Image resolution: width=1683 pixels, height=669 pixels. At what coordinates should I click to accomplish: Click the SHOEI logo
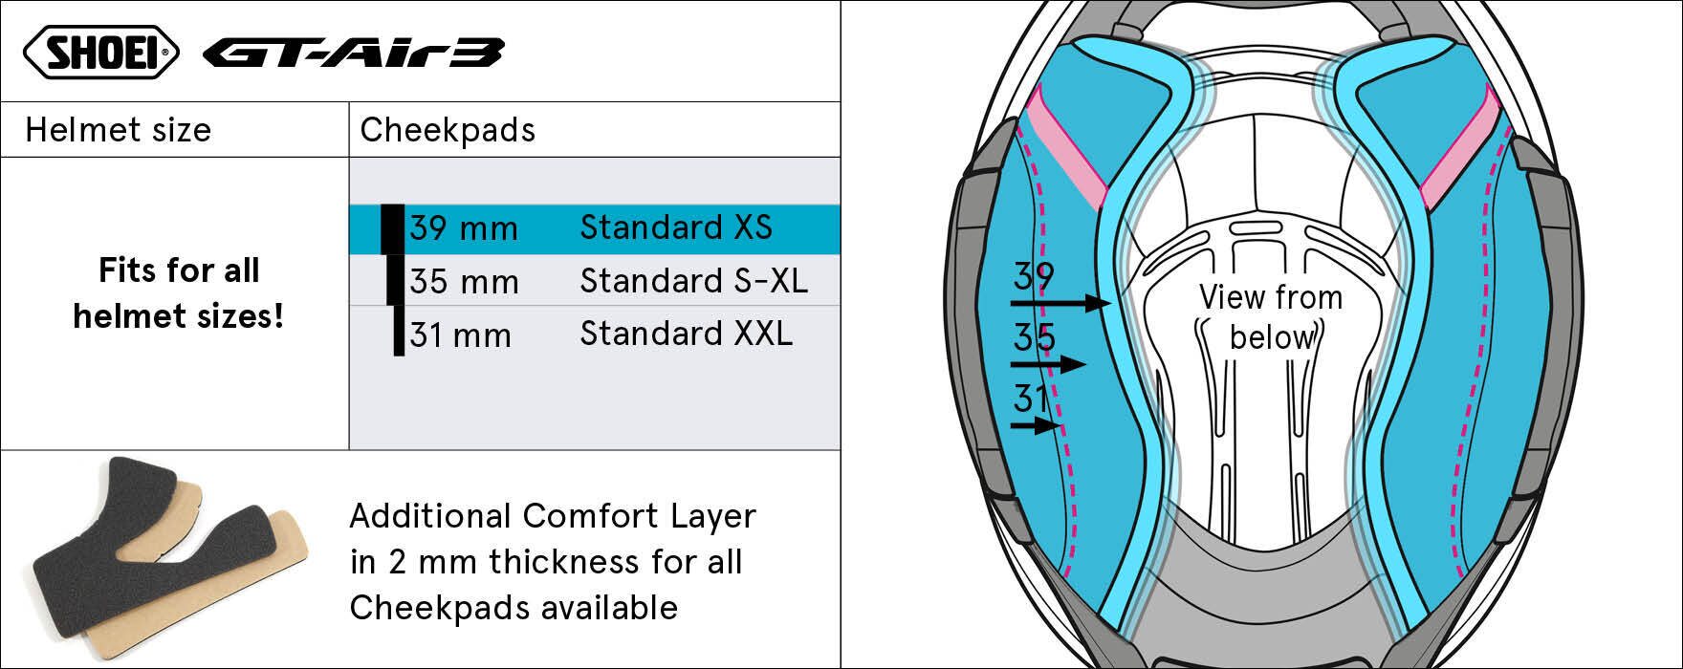pos(100,53)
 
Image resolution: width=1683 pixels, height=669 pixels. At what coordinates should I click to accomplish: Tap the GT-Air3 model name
pos(353,54)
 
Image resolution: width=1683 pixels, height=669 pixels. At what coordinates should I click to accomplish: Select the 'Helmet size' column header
pos(119,130)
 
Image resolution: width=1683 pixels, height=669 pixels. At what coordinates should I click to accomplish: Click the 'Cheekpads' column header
pos(448,130)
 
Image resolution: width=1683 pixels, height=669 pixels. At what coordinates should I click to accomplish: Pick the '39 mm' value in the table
pos(464,229)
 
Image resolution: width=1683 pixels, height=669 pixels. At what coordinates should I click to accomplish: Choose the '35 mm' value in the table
pos(464,283)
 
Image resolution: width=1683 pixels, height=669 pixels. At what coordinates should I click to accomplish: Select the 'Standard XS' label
pos(676,227)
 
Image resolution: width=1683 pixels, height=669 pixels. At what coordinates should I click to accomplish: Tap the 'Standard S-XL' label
pos(693,281)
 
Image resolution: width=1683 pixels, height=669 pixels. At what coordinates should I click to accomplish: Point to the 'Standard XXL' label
pos(686,334)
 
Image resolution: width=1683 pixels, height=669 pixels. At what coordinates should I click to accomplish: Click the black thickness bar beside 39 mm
pos(392,229)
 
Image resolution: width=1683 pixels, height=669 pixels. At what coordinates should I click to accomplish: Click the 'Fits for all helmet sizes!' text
pos(179,292)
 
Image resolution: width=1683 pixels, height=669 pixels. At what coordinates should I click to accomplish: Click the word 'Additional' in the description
pos(429,516)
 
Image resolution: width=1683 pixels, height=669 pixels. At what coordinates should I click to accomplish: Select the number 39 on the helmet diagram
pos(1034,277)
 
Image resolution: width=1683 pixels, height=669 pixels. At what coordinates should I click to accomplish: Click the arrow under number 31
pos(1036,425)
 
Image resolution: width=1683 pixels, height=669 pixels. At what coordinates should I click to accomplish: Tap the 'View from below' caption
pos(1271,317)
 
